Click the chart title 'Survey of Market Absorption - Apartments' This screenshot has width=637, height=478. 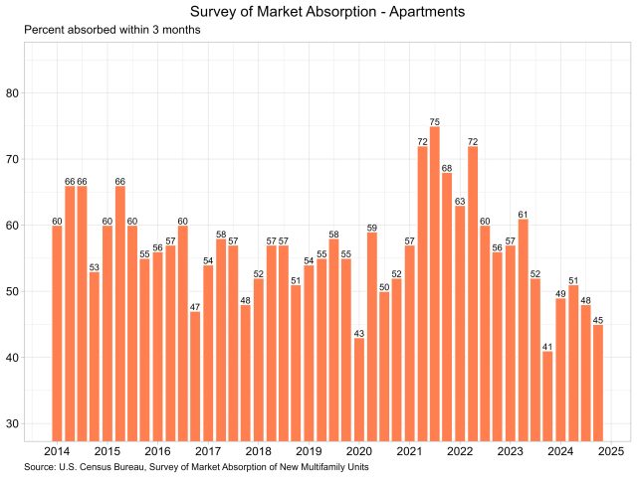click(x=318, y=12)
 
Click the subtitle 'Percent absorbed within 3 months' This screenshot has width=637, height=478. click(x=112, y=31)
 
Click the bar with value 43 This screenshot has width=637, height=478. click(x=359, y=389)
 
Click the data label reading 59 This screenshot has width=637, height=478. click(x=371, y=228)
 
